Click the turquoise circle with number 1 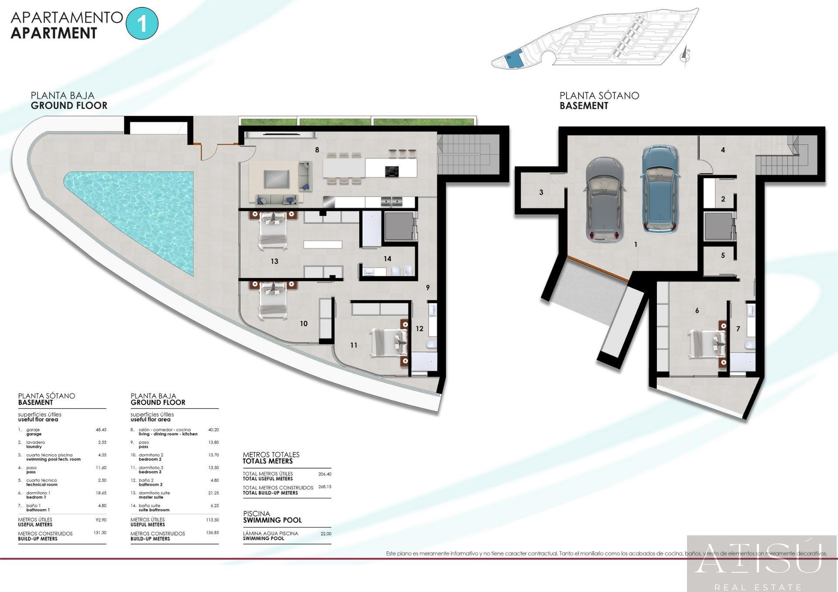coord(142,24)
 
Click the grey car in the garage coord(605,200)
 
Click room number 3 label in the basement coord(541,192)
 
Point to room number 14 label coord(387,259)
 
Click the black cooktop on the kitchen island coord(392,171)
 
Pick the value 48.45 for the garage coord(101,430)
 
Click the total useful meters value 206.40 coord(325,474)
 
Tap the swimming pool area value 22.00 coord(326,534)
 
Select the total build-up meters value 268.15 coord(325,487)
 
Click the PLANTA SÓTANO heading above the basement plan coord(599,95)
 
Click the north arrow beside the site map coord(685,55)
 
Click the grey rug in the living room coord(276,178)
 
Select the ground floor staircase coord(463,154)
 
